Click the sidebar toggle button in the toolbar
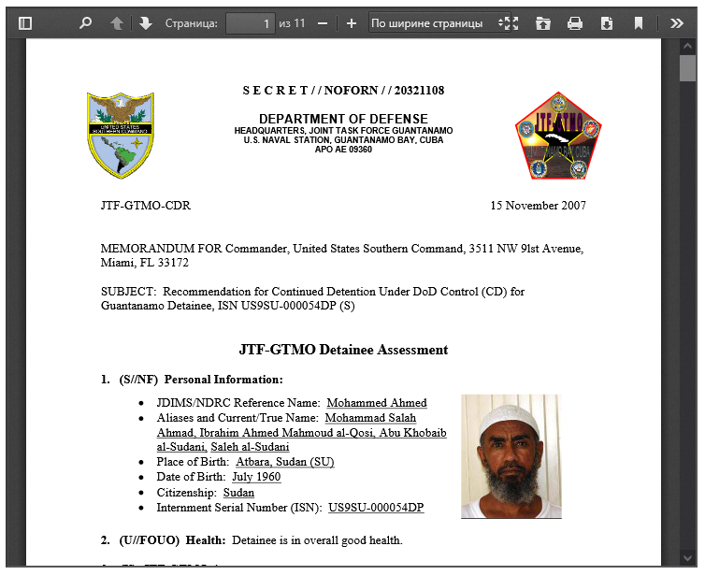[25, 23]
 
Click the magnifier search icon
[85, 23]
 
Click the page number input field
[250, 23]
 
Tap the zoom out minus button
[323, 23]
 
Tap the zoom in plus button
[352, 23]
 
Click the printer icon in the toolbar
[575, 23]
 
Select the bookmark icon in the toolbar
[639, 23]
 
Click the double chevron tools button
[677, 23]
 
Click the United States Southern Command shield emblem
[121, 136]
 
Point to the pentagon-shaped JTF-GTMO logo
[558, 136]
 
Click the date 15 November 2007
[538, 206]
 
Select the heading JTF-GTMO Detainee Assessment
[343, 350]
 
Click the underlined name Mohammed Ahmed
[376, 403]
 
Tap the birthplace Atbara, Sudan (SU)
[284, 462]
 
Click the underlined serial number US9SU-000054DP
[375, 508]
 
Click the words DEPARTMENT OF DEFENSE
[343, 119]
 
